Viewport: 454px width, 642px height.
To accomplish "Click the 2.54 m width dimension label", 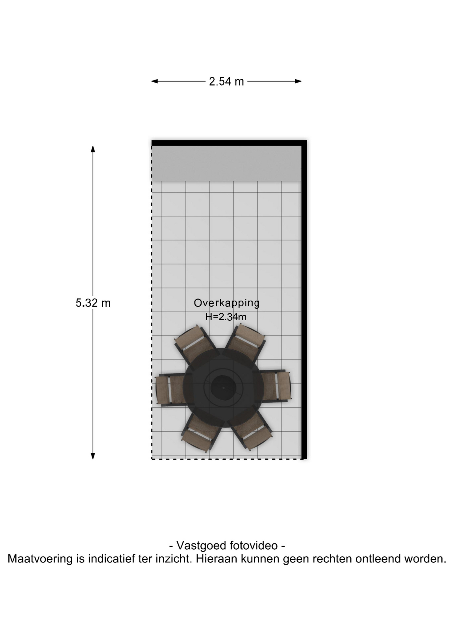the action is coord(226,82).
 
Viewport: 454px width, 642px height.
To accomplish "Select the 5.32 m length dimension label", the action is coord(93,303).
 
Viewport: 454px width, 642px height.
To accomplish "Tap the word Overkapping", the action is coord(227,303).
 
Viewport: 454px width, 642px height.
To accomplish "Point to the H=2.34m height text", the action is coord(226,317).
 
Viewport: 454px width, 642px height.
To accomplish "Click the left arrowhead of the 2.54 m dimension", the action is coord(154,81).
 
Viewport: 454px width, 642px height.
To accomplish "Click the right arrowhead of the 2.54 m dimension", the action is coord(298,81).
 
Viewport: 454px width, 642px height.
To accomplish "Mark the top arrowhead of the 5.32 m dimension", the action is coord(93,149).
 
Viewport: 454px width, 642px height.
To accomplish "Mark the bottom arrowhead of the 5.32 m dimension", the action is coord(93,456).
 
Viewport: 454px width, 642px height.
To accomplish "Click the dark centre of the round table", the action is coord(223,387).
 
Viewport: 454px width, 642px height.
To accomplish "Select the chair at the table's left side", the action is coord(171,390).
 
